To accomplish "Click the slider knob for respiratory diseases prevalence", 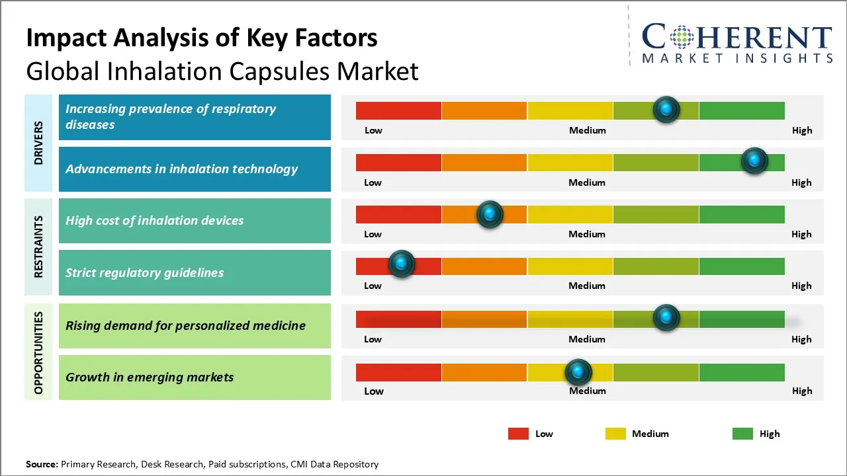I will [666, 109].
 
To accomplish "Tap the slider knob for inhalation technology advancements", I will [754, 161].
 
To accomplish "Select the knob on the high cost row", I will [490, 214].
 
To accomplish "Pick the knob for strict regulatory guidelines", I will [401, 264].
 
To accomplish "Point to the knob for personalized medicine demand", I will [666, 317].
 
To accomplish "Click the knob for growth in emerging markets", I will [578, 372].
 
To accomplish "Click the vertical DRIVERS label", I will [38, 142].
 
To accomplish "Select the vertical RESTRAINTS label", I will [38, 246].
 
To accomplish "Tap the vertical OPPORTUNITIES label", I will [38, 353].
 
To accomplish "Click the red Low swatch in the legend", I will [518, 434].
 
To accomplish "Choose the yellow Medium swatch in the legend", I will [615, 434].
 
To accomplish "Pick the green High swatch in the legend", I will [742, 434].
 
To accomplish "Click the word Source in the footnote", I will [41, 464].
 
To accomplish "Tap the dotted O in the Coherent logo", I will [681, 37].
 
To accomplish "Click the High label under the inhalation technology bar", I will [801, 182].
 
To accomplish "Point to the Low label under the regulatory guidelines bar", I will [373, 286].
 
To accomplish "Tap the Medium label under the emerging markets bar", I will [588, 391].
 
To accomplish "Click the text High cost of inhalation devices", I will [154, 221].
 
